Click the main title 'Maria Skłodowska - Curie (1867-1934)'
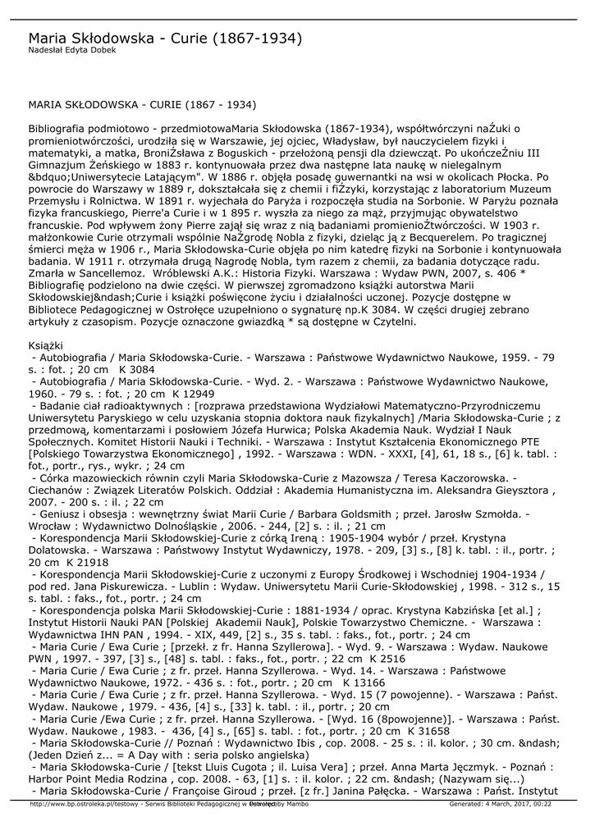click(x=165, y=39)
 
